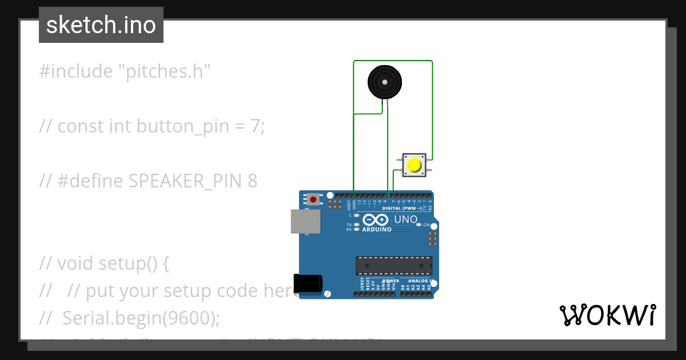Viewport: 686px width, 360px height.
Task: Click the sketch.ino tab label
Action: (x=101, y=25)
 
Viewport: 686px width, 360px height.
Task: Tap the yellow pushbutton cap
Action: (x=413, y=166)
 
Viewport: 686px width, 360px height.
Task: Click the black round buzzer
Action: (x=385, y=82)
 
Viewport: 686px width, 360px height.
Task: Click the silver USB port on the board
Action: (x=305, y=222)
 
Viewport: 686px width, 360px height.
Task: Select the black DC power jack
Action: (x=308, y=284)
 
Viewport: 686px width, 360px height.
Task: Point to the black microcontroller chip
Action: (x=394, y=266)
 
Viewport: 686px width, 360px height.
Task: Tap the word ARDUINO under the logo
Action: (x=377, y=230)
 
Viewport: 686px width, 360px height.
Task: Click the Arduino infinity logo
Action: (x=376, y=220)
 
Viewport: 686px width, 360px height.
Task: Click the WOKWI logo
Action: (x=607, y=315)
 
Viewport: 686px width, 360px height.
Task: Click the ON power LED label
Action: (x=426, y=225)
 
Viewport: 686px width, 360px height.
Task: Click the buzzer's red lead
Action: (x=388, y=103)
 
